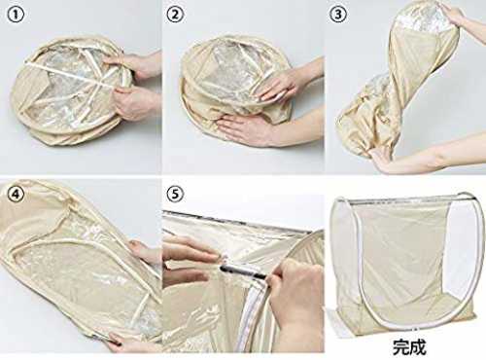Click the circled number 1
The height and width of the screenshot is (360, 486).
pos(16,15)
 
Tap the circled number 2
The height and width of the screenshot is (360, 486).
pos(175,15)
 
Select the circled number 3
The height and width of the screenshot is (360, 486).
pos(338,15)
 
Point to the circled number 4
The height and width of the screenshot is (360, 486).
pos(16,195)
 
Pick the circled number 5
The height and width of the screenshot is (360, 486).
pos(175,195)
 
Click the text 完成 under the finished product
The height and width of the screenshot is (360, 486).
pos(409,347)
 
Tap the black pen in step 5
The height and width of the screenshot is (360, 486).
pos(243,272)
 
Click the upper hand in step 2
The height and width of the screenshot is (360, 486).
pos(285,83)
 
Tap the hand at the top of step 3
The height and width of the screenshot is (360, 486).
pos(460,17)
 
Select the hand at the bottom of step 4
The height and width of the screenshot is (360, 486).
pos(126,343)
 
